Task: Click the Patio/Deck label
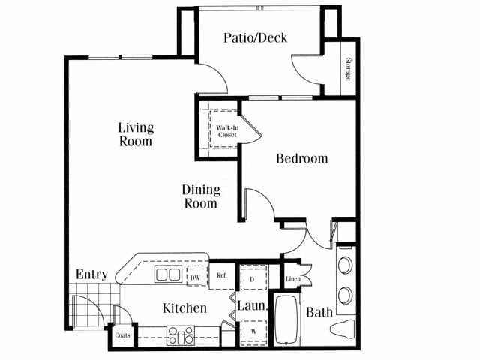256,37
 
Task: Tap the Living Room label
136,133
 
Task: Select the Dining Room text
201,196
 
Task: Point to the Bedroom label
301,159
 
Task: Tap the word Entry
91,274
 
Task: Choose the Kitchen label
185,308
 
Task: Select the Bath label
319,311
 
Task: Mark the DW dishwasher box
195,277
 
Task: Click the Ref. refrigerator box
222,275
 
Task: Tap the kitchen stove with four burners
180,334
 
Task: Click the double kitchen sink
167,274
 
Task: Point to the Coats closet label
122,335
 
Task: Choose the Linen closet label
293,280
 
